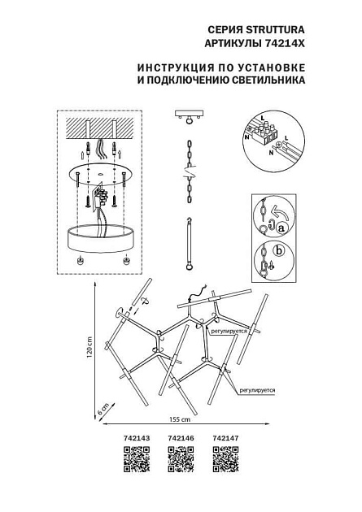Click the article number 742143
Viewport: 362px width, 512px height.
point(137,438)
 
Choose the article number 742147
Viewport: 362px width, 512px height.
point(225,438)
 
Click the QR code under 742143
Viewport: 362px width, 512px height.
point(137,460)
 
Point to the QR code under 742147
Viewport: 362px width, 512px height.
point(225,460)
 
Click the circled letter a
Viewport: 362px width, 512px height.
point(282,230)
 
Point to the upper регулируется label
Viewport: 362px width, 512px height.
point(229,332)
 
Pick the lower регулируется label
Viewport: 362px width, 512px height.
point(257,390)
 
